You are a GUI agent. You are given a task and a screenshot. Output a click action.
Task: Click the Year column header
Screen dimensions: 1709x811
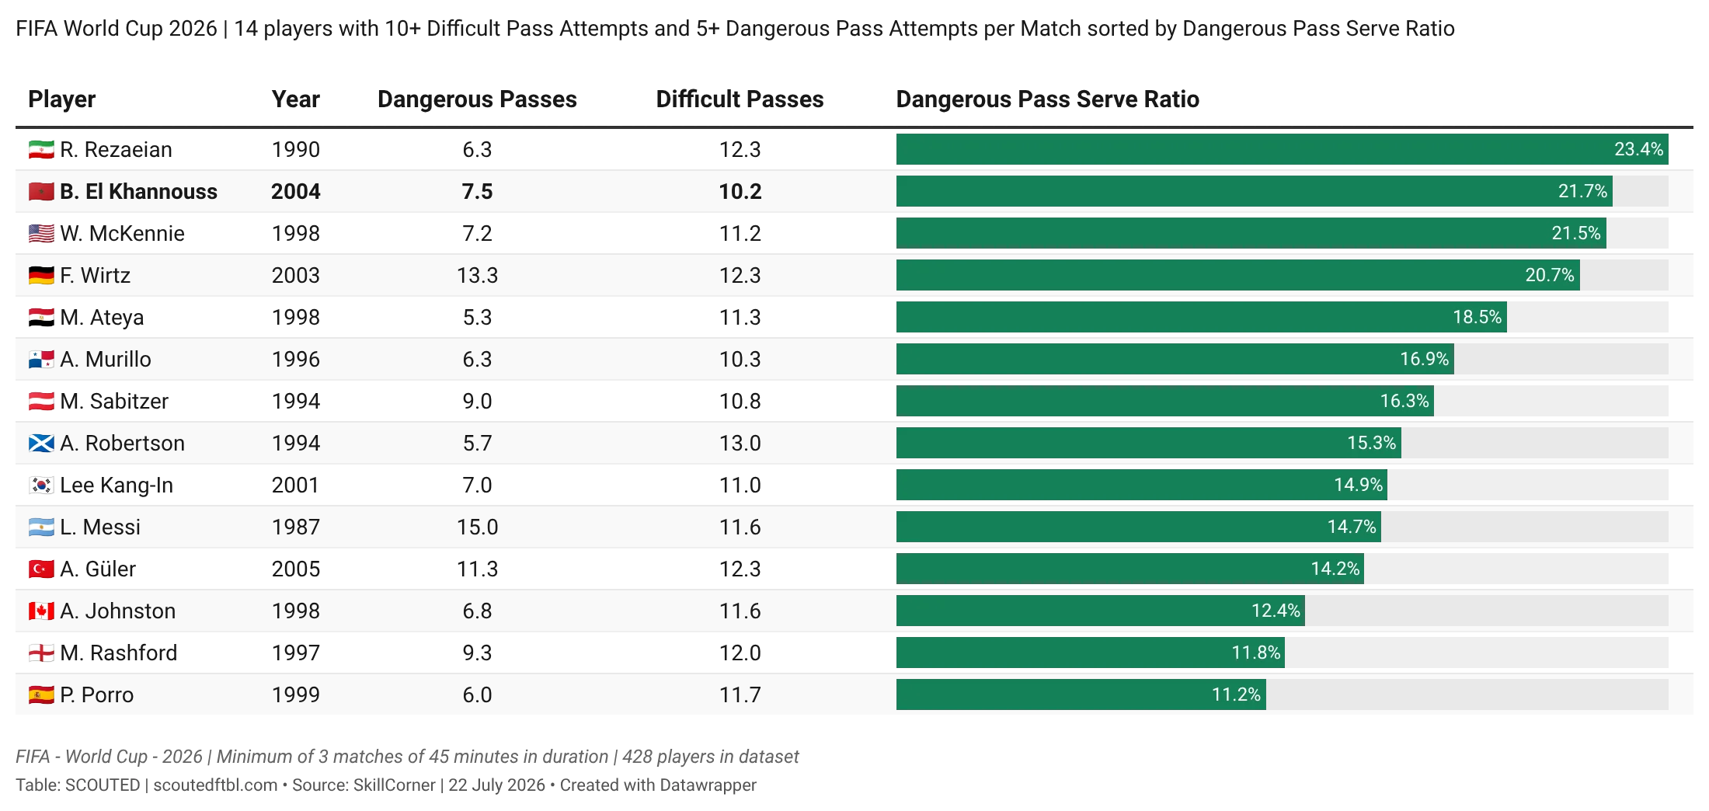coord(295,99)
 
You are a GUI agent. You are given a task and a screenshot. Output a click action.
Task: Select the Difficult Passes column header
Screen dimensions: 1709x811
coord(740,99)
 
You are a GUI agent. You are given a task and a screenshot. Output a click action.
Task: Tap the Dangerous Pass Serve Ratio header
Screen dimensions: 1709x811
coord(1048,99)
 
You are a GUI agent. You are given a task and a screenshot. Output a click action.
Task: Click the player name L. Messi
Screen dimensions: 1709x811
coord(100,527)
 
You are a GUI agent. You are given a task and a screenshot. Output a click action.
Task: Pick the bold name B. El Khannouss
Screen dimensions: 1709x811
coord(139,191)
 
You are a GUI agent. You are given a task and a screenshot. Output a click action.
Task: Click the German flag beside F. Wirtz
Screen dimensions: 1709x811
coord(41,275)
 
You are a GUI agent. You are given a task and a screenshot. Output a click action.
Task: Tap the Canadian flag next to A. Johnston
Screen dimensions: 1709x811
coord(41,611)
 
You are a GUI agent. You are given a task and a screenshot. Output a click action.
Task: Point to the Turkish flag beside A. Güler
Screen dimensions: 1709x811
coord(41,569)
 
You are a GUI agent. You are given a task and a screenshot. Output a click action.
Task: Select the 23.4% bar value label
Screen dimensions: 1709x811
coord(1638,149)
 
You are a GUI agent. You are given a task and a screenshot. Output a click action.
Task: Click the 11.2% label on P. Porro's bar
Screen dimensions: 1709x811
coord(1236,694)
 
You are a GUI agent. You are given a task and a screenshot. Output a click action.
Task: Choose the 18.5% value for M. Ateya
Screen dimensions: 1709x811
coord(1477,317)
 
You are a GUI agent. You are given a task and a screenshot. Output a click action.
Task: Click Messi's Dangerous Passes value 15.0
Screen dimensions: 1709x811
coord(477,527)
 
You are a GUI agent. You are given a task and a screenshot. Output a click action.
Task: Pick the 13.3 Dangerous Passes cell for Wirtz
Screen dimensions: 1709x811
coord(477,275)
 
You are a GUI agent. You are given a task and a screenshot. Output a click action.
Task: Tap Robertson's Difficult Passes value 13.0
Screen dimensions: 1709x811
coord(740,443)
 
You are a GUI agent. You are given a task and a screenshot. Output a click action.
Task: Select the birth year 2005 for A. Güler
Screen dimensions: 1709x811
coord(295,569)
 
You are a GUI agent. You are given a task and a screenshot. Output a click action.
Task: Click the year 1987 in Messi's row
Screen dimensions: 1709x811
coord(295,527)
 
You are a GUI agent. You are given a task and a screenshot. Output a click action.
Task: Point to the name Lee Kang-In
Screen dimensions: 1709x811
coord(117,485)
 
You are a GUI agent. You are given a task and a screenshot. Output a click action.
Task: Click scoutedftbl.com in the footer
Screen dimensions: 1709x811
coord(215,785)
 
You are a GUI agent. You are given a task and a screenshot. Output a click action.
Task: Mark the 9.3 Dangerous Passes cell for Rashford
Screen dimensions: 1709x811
coord(477,653)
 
